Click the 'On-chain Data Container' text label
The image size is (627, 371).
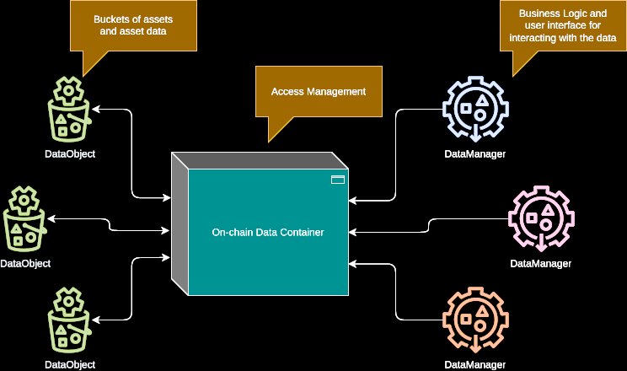click(267, 232)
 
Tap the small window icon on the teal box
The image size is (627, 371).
click(338, 180)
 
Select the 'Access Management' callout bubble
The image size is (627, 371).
click(319, 92)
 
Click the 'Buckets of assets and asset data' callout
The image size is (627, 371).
click(133, 25)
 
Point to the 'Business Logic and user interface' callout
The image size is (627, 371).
click(563, 25)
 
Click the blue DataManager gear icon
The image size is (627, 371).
click(475, 109)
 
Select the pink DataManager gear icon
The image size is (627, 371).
click(541, 218)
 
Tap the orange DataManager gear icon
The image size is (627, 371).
click(475, 320)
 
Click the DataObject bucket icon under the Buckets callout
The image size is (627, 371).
click(69, 110)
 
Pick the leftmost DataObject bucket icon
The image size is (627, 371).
click(24, 218)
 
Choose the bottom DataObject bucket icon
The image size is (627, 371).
click(69, 320)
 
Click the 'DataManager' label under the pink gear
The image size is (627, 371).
click(541, 263)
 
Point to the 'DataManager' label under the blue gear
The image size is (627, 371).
click(475, 154)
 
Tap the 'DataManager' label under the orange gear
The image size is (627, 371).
click(475, 364)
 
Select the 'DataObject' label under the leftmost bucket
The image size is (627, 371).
click(25, 263)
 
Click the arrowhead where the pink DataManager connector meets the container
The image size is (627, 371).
click(352, 232)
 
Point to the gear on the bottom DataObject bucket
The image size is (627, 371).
click(69, 301)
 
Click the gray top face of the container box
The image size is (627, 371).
click(260, 160)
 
